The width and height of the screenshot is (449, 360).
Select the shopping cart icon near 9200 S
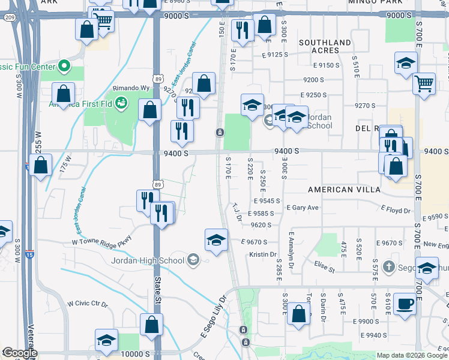click(424, 83)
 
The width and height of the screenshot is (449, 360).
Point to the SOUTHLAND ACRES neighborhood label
click(325, 46)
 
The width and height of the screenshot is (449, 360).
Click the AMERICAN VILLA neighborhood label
click(344, 189)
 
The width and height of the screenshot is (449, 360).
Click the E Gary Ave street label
click(303, 208)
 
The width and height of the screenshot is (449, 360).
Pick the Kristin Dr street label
click(262, 255)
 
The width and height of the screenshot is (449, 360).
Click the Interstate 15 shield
click(30, 254)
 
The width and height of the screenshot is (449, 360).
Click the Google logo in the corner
click(19, 352)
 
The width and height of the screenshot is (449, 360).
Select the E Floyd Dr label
click(396, 211)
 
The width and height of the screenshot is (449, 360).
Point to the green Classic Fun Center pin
click(62, 66)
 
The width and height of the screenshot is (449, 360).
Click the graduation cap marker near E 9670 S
click(216, 241)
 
